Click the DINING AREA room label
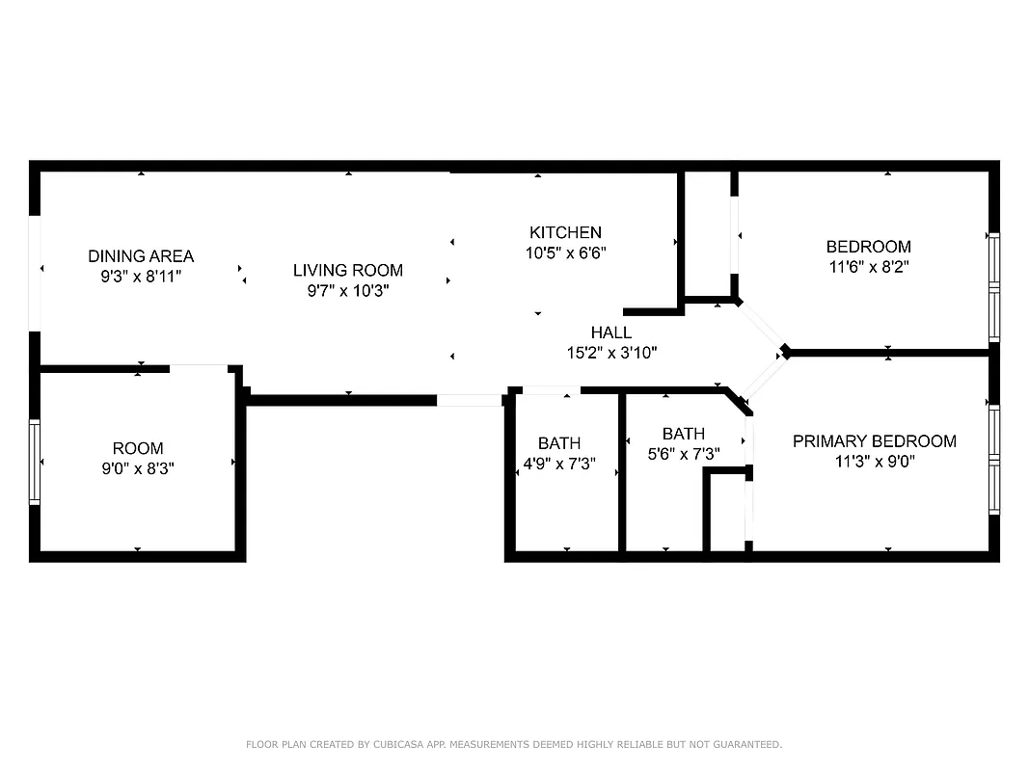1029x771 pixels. coord(141,256)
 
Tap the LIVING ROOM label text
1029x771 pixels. coord(348,271)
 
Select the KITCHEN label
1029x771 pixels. coord(565,232)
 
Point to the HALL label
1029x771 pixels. coord(611,333)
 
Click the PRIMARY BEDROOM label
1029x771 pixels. coord(874,441)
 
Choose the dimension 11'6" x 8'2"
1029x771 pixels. coord(868,266)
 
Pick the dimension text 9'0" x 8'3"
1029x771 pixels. coord(138,468)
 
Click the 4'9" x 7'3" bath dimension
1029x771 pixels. coord(559,464)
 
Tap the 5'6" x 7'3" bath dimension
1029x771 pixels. coord(683,453)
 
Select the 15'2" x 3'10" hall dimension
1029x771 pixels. coord(611,353)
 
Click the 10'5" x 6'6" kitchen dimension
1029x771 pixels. coord(565,252)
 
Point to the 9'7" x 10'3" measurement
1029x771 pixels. coord(348,290)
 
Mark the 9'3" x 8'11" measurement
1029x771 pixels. coord(141,276)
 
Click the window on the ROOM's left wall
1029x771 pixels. coord(35,462)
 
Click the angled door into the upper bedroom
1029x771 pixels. coord(763,324)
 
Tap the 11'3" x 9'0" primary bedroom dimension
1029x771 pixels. coord(874,461)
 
